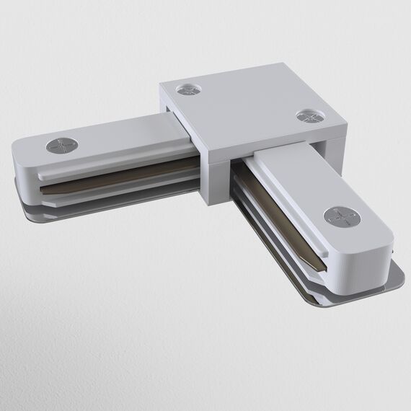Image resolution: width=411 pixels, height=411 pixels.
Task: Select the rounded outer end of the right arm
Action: (x=375, y=252)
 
